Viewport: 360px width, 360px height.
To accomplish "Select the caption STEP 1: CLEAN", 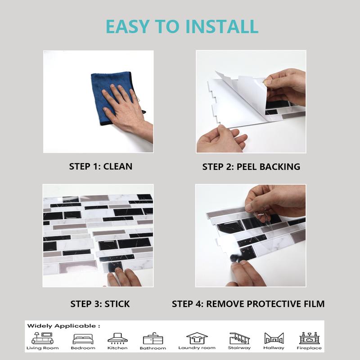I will click(x=100, y=166).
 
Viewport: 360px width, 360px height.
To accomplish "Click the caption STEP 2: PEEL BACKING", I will click(x=251, y=166).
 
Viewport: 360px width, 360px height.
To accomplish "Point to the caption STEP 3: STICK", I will click(x=100, y=304).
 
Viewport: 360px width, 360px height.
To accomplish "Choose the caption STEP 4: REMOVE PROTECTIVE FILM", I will click(x=248, y=304).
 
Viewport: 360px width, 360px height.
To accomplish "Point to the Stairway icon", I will click(x=239, y=338).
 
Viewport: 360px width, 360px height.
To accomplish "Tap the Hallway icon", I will click(x=274, y=338).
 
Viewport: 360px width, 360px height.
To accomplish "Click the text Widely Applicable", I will click(x=63, y=325).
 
